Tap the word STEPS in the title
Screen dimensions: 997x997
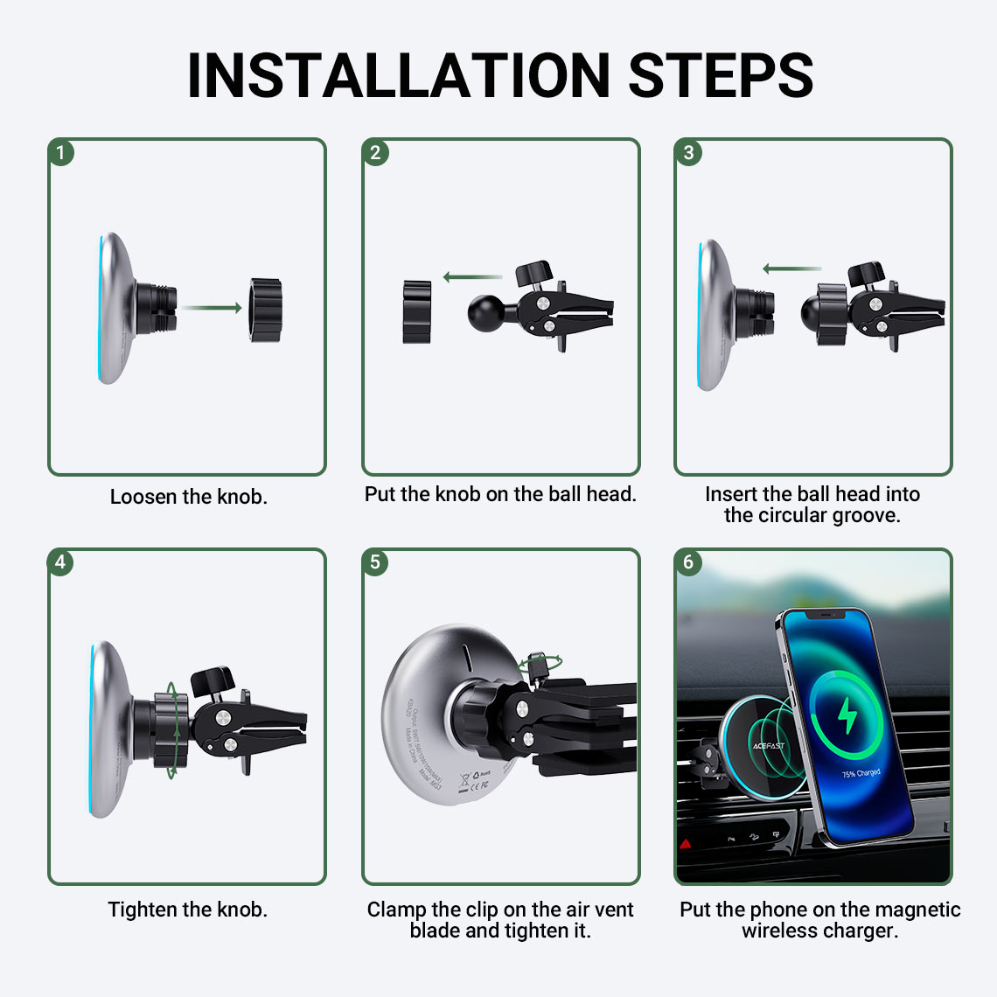click(721, 75)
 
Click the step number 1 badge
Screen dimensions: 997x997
click(60, 153)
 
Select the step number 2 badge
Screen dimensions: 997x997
click(375, 153)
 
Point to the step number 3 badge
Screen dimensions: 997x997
click(688, 153)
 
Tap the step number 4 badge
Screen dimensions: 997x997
click(60, 562)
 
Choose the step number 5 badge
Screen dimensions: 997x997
click(375, 562)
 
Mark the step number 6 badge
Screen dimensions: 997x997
click(688, 562)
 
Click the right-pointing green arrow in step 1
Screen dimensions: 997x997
click(213, 308)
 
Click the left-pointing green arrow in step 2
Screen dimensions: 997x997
click(472, 277)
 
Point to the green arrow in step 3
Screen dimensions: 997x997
click(791, 269)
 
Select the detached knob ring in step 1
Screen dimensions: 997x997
click(266, 310)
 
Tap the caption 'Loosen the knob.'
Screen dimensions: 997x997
click(188, 497)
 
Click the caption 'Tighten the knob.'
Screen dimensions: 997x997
click(187, 910)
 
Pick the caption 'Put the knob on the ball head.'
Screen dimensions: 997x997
click(500, 494)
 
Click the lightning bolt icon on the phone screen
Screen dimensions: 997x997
click(847, 716)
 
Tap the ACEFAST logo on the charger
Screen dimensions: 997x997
click(768, 746)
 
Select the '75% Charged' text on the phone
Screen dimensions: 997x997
click(861, 774)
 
